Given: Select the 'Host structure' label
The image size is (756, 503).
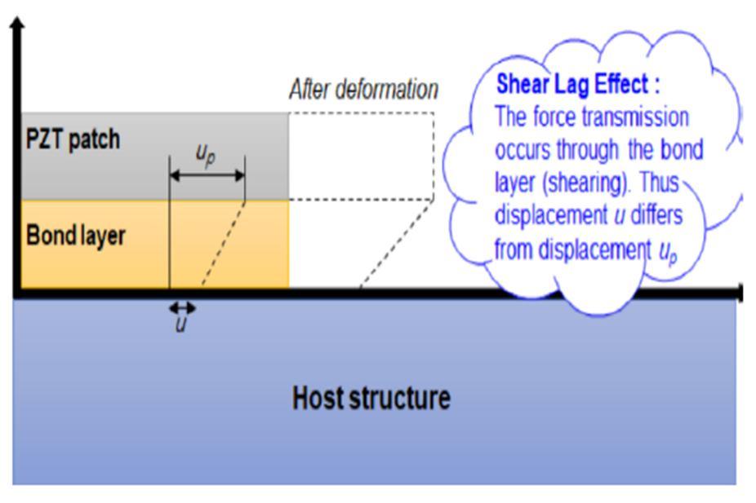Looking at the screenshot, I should point(371,399).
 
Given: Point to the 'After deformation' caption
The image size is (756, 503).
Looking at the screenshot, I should point(363,90).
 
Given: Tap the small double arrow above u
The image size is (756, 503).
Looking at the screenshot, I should point(181,307).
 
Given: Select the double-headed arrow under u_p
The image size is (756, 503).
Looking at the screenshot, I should point(207,174).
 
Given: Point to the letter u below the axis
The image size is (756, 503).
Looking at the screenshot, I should point(181,327).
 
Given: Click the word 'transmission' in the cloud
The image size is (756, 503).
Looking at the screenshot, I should point(642,117).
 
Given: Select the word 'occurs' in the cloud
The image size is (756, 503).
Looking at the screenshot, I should point(523,152).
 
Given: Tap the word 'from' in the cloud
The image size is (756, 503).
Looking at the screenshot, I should point(514,249).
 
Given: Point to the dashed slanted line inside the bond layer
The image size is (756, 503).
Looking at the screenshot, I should point(222,244).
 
